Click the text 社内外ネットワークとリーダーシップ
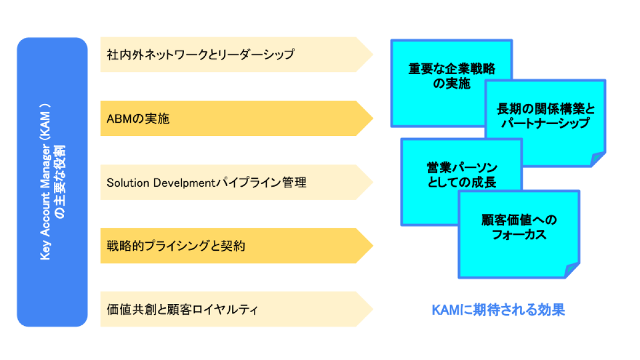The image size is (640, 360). [x=201, y=54]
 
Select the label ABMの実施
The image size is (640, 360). [x=138, y=118]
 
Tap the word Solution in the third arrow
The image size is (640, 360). [x=128, y=183]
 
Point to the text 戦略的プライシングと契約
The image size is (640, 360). [x=175, y=246]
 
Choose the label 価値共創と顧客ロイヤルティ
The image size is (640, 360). [x=182, y=309]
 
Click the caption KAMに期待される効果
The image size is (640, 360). [x=498, y=310]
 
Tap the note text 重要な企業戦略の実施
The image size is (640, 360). [x=452, y=76]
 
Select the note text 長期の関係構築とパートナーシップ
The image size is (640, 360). [x=546, y=116]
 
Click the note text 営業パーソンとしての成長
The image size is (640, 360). [x=462, y=175]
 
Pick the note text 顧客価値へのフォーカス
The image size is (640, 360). [x=519, y=227]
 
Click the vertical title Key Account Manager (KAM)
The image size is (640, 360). [x=45, y=182]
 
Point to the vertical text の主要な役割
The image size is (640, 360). [x=60, y=182]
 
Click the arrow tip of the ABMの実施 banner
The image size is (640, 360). [x=373, y=118]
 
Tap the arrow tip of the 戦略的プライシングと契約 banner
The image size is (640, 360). [x=373, y=246]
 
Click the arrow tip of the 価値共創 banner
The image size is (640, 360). [x=373, y=309]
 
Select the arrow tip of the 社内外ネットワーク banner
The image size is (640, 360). [x=373, y=54]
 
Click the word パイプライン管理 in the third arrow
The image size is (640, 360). [x=261, y=183]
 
